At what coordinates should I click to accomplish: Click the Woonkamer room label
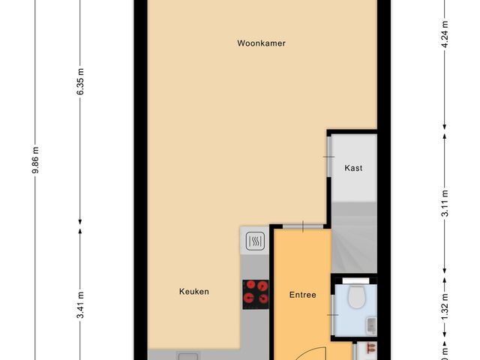[x=261, y=43]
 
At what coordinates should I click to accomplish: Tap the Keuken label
[x=193, y=292]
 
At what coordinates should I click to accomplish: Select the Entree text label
[x=302, y=295]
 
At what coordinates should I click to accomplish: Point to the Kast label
[x=353, y=168]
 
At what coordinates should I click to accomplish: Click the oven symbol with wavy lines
[x=255, y=241]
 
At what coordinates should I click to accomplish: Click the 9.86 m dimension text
[x=34, y=160]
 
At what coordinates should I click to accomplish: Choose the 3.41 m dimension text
[x=80, y=306]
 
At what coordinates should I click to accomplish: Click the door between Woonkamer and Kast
[x=328, y=156]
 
